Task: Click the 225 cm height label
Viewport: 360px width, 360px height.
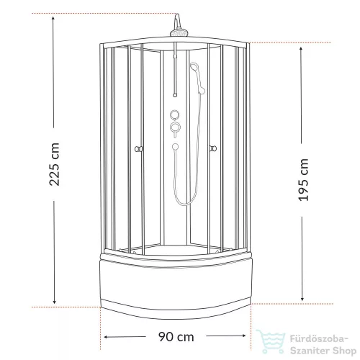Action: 54,164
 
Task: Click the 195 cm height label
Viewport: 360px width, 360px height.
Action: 303,180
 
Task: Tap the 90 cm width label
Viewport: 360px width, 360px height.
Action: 176,337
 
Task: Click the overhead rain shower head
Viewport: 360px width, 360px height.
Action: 179,33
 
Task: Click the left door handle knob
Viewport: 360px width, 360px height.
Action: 138,149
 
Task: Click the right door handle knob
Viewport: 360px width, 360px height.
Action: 213,148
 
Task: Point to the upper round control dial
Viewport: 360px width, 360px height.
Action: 175,114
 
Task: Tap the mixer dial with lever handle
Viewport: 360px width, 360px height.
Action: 175,128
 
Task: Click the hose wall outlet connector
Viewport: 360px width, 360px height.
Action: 175,146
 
